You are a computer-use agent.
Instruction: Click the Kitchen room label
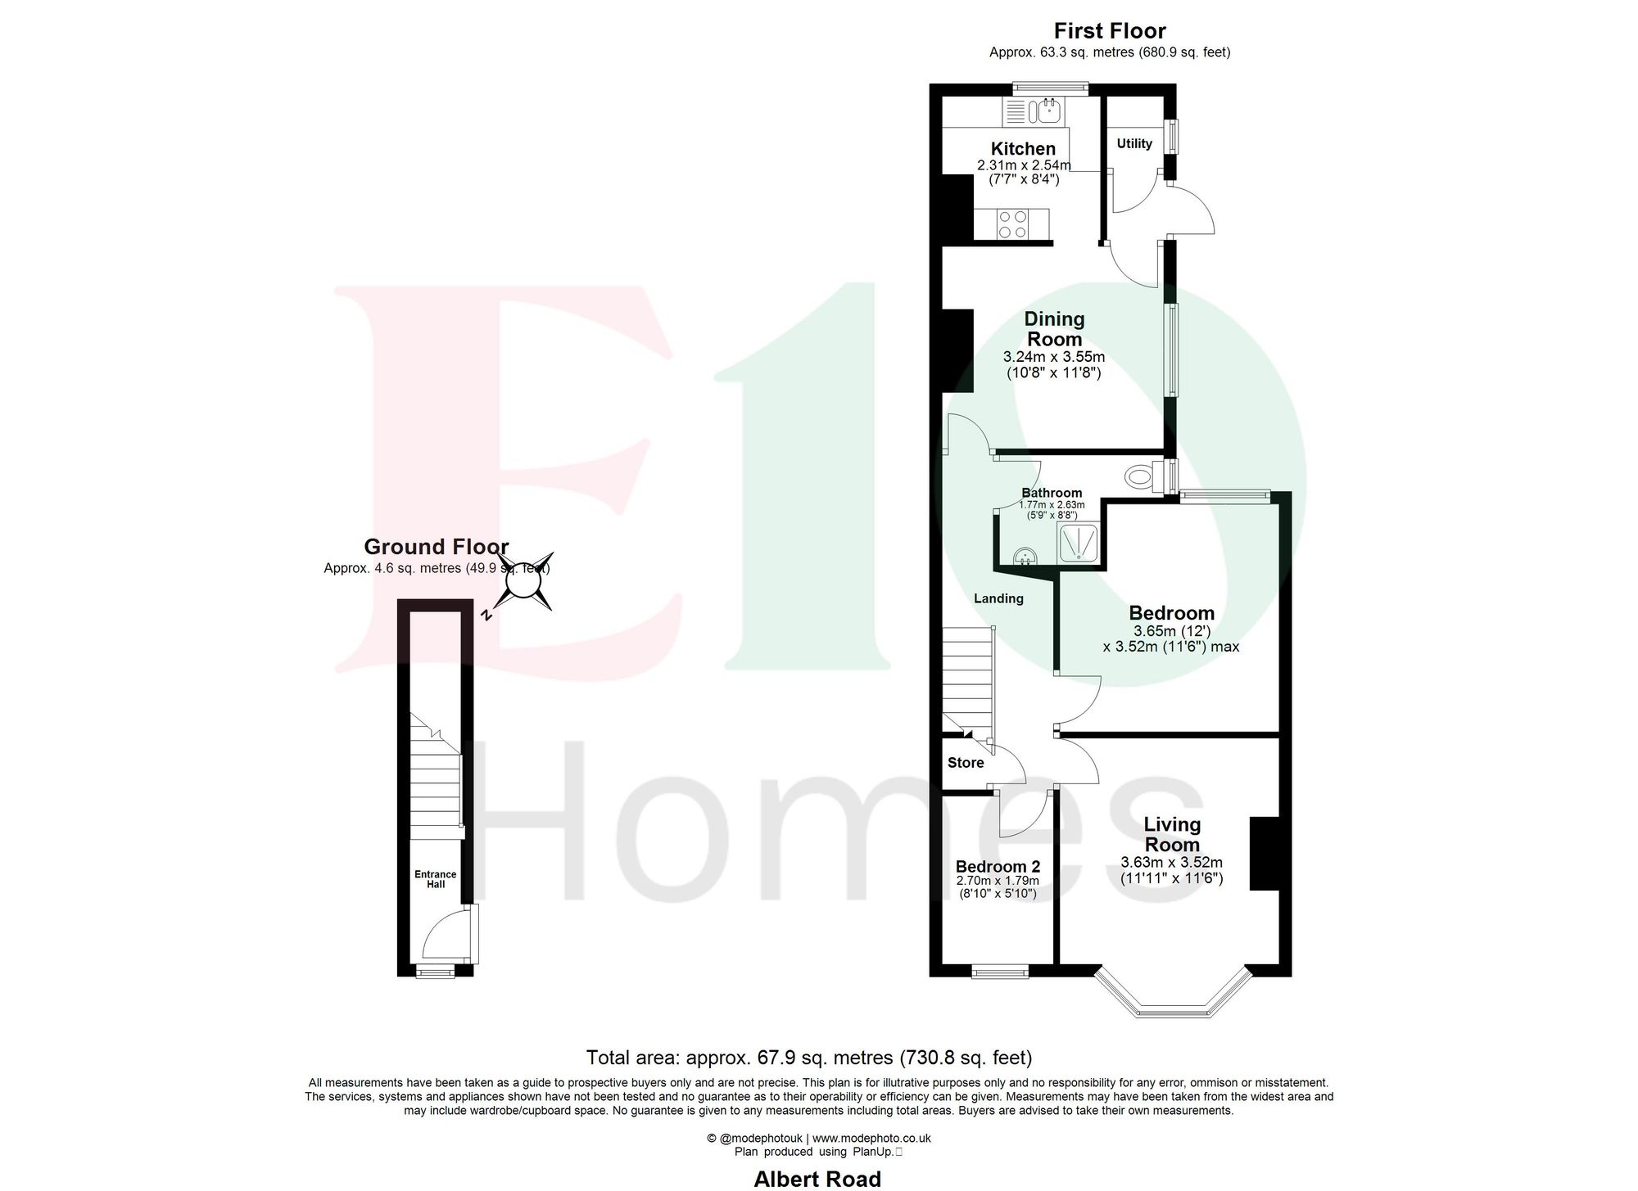click(1023, 149)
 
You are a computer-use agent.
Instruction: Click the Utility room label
click(1134, 144)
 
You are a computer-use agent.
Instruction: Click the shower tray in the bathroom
click(1080, 544)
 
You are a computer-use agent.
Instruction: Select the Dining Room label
click(1054, 329)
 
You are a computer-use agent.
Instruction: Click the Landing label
click(998, 598)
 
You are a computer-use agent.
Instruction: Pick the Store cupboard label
click(966, 763)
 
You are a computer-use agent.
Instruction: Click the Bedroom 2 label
click(998, 866)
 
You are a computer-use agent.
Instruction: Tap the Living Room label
click(1172, 834)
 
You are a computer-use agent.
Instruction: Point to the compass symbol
click(519, 582)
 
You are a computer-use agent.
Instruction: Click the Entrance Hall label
click(436, 879)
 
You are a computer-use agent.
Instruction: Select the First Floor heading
click(1109, 31)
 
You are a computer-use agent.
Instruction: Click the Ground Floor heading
click(436, 547)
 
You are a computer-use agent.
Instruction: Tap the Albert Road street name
click(817, 1179)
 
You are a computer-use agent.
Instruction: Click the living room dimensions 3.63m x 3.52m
click(1171, 862)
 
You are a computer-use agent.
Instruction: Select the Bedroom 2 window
click(999, 972)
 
